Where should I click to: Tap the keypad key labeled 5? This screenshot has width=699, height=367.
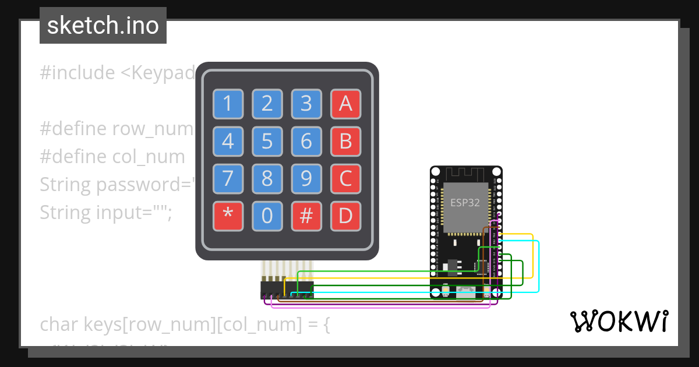point(267,142)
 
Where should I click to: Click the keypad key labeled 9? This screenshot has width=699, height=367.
point(306,179)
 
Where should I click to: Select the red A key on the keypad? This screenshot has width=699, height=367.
point(345,104)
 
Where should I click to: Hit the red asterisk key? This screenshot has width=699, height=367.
point(227,216)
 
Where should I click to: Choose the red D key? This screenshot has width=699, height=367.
point(345,216)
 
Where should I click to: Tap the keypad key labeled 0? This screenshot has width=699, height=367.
point(267,216)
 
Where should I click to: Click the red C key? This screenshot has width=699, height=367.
point(345,179)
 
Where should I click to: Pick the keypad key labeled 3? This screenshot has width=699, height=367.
point(306,104)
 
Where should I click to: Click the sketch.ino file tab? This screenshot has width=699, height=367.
point(103,26)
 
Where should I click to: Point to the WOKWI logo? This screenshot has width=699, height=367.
point(619,321)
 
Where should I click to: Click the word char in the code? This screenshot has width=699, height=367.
point(59,324)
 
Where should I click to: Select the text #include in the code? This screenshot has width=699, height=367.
point(77,73)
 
